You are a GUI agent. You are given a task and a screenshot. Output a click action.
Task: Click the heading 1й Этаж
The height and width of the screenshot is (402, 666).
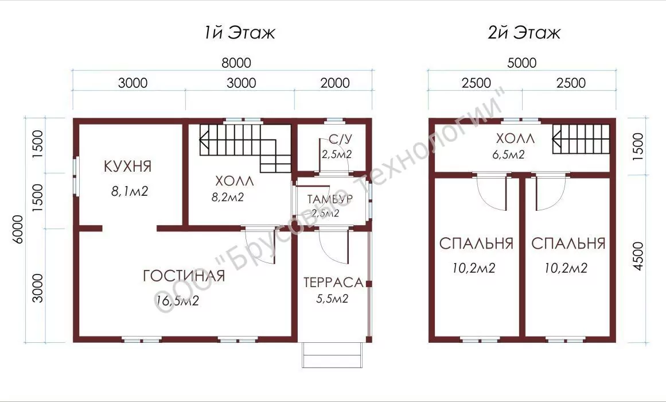point(240,33)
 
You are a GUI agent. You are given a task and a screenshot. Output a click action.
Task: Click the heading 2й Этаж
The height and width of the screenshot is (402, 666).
point(524,33)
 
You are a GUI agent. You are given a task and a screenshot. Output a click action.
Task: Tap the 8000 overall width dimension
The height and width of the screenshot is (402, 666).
point(236,63)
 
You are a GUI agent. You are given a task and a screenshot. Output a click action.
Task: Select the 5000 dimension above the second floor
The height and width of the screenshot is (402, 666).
point(522,63)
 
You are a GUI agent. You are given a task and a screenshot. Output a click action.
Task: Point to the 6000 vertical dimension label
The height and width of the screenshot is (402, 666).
point(17,229)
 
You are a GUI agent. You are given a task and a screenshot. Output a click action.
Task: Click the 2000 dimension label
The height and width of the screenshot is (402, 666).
point(335,83)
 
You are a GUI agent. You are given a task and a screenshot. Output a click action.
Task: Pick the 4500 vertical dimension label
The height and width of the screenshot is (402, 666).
point(638,256)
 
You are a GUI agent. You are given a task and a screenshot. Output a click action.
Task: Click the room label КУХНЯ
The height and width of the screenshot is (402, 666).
point(127,167)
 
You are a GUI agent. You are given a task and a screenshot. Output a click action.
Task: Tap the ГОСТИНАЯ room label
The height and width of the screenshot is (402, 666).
point(184,276)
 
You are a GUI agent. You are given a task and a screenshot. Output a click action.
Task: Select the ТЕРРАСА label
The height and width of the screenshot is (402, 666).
point(333,283)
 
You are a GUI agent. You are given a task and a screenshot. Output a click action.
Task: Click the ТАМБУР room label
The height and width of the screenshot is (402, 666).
point(330,199)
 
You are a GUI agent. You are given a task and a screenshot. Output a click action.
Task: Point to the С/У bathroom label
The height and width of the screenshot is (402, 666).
point(341,139)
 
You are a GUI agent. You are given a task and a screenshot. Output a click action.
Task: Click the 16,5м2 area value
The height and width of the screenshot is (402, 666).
point(178,301)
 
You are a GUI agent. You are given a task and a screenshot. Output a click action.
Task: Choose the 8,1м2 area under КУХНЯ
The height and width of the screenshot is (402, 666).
point(130,191)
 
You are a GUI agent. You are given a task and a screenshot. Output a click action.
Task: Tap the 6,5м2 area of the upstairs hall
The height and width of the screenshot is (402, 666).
point(508,154)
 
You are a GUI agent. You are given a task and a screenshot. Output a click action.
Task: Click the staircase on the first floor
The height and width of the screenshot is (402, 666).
point(246,148)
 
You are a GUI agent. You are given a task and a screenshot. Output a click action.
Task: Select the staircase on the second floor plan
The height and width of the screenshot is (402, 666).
point(581,140)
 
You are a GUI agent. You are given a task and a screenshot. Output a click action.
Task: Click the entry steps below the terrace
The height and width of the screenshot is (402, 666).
point(332,355)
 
